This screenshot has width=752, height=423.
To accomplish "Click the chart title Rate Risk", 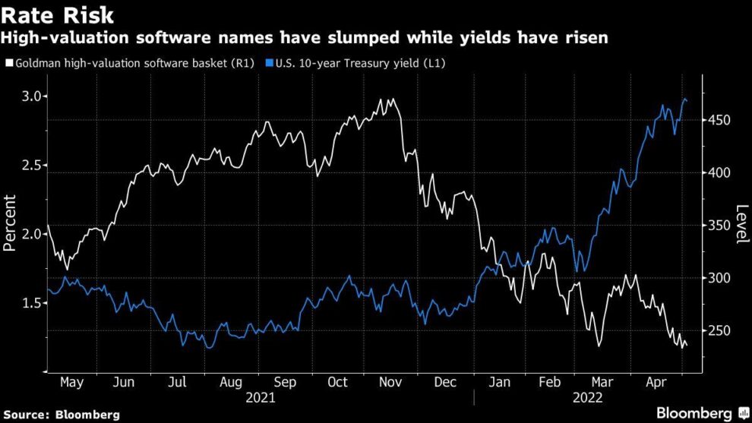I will pyautogui.click(x=58, y=14).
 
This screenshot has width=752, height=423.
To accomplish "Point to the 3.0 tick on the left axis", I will pyautogui.click(x=30, y=96).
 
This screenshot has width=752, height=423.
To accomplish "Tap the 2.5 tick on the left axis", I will pyautogui.click(x=30, y=165).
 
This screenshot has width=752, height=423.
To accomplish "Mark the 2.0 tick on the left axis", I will pyautogui.click(x=30, y=234).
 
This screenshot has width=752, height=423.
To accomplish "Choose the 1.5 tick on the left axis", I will pyautogui.click(x=30, y=303).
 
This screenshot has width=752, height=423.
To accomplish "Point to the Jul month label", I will pyautogui.click(x=176, y=383).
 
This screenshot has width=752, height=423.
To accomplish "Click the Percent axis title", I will pyautogui.click(x=11, y=223).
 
